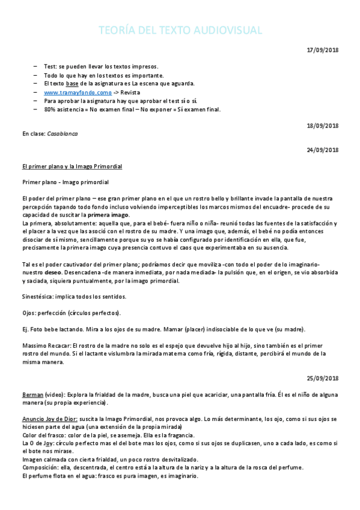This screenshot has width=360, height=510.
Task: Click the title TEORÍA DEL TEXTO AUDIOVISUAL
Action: (x=180, y=31)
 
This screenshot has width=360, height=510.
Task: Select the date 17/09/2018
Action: (x=323, y=50)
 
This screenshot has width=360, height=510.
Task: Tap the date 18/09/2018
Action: (x=323, y=126)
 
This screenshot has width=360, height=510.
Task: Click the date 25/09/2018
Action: (x=323, y=378)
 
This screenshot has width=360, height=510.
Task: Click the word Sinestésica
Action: (x=37, y=296)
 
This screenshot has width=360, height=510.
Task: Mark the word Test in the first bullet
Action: (x=50, y=67)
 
